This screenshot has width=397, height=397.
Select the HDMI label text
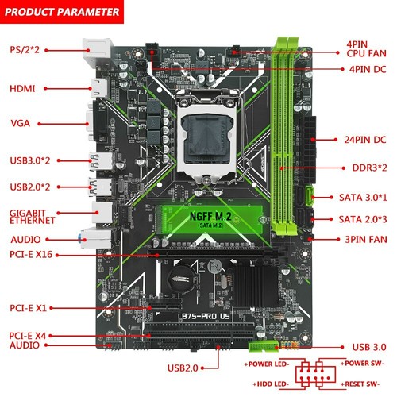tap(21, 88)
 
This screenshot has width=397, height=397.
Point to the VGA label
tap(20, 124)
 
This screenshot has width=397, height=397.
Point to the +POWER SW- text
tap(362, 363)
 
